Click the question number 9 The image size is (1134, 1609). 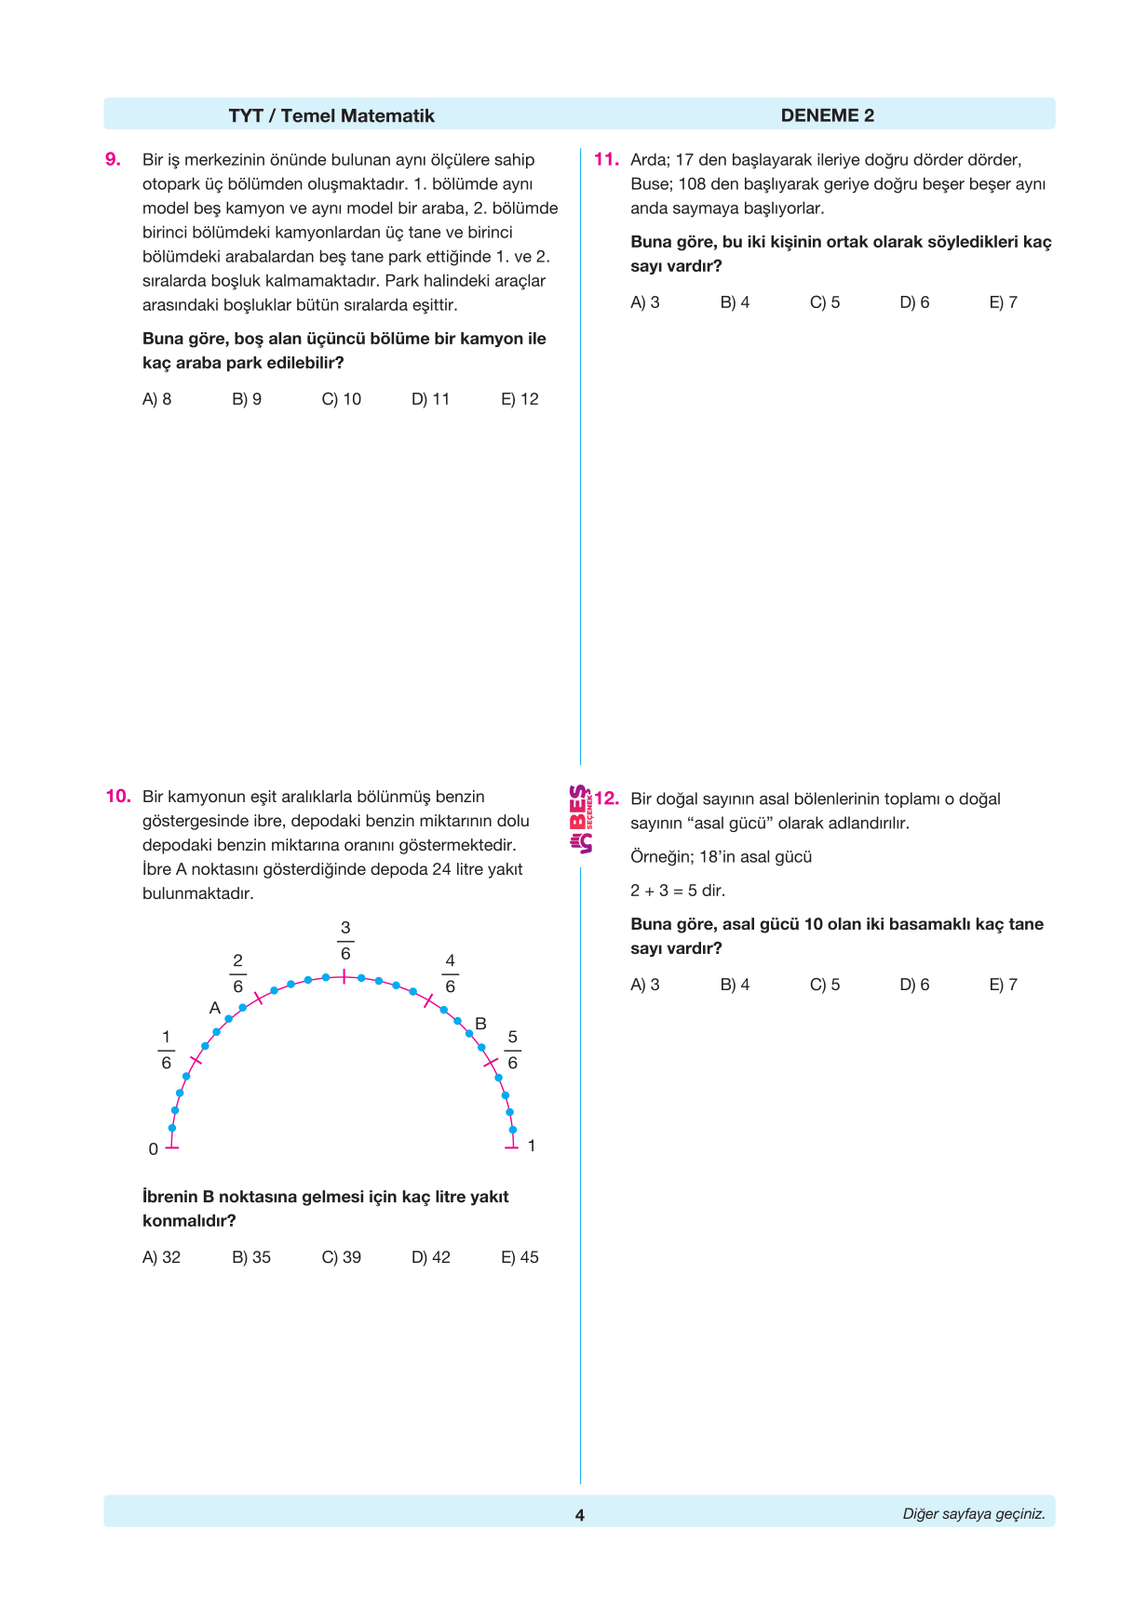click(113, 160)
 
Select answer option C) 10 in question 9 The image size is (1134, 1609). click(341, 399)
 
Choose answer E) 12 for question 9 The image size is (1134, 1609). click(520, 399)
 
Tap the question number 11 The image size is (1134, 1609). click(606, 160)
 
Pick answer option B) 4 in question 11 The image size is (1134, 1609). click(735, 302)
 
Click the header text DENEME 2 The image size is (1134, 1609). click(827, 115)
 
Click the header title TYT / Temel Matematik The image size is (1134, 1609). click(331, 115)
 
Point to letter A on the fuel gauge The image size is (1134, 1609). click(215, 1008)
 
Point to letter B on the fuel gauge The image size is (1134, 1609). click(480, 1024)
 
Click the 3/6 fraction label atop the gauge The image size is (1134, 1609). click(345, 940)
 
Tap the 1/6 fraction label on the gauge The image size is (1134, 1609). click(167, 1050)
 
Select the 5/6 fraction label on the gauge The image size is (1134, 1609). click(512, 1050)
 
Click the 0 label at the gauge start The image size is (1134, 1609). click(154, 1149)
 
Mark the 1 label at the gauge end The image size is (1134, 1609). click(532, 1146)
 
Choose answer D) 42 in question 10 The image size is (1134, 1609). click(430, 1257)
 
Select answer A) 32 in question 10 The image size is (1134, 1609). click(161, 1257)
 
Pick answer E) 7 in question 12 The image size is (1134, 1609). click(1003, 985)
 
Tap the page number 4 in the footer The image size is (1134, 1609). click(579, 1515)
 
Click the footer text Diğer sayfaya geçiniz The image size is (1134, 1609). click(973, 1514)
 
